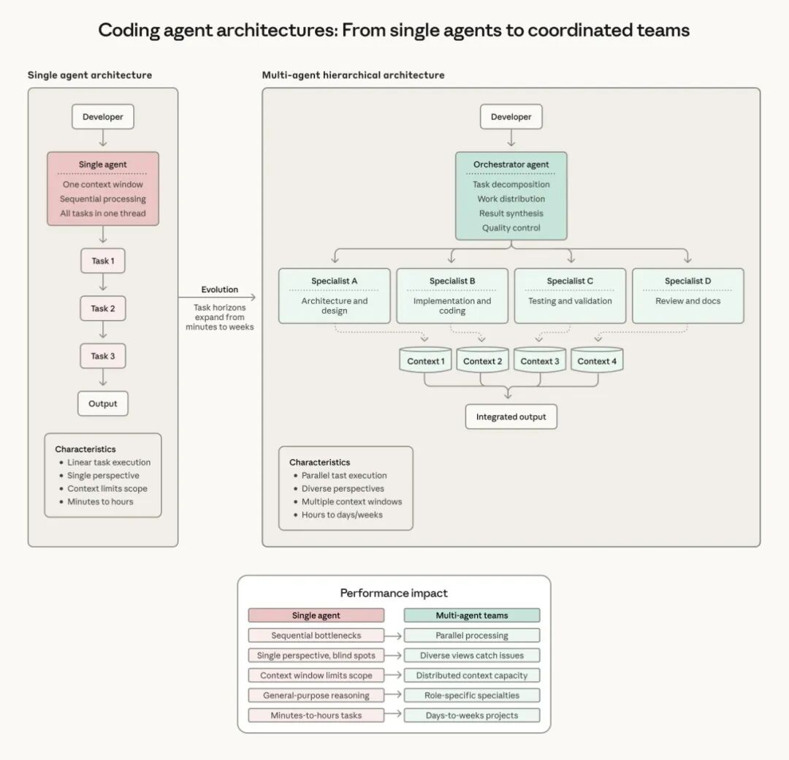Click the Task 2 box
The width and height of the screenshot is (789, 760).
102,308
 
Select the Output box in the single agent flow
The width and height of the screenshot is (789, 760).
102,403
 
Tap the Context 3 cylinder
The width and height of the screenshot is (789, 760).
540,361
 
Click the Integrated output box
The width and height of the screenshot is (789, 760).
511,417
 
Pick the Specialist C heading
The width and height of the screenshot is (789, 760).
570,281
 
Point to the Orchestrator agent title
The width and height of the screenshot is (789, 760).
511,164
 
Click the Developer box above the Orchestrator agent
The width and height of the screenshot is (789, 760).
511,117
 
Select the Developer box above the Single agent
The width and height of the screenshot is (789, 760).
102,117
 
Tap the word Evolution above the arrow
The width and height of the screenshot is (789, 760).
220,289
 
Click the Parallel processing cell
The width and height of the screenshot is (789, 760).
472,636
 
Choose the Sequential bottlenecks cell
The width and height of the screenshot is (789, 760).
316,636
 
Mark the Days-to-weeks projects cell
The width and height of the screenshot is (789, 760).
472,715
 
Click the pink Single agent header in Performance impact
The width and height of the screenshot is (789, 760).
316,615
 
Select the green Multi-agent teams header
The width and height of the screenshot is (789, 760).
472,615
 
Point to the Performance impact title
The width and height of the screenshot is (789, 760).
394,593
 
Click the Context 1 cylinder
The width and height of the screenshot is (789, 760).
425,361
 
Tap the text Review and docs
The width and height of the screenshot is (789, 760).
687,301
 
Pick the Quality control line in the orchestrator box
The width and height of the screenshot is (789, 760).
511,228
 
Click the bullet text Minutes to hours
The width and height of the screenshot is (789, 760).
100,502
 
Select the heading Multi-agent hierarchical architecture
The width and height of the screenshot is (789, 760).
353,75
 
